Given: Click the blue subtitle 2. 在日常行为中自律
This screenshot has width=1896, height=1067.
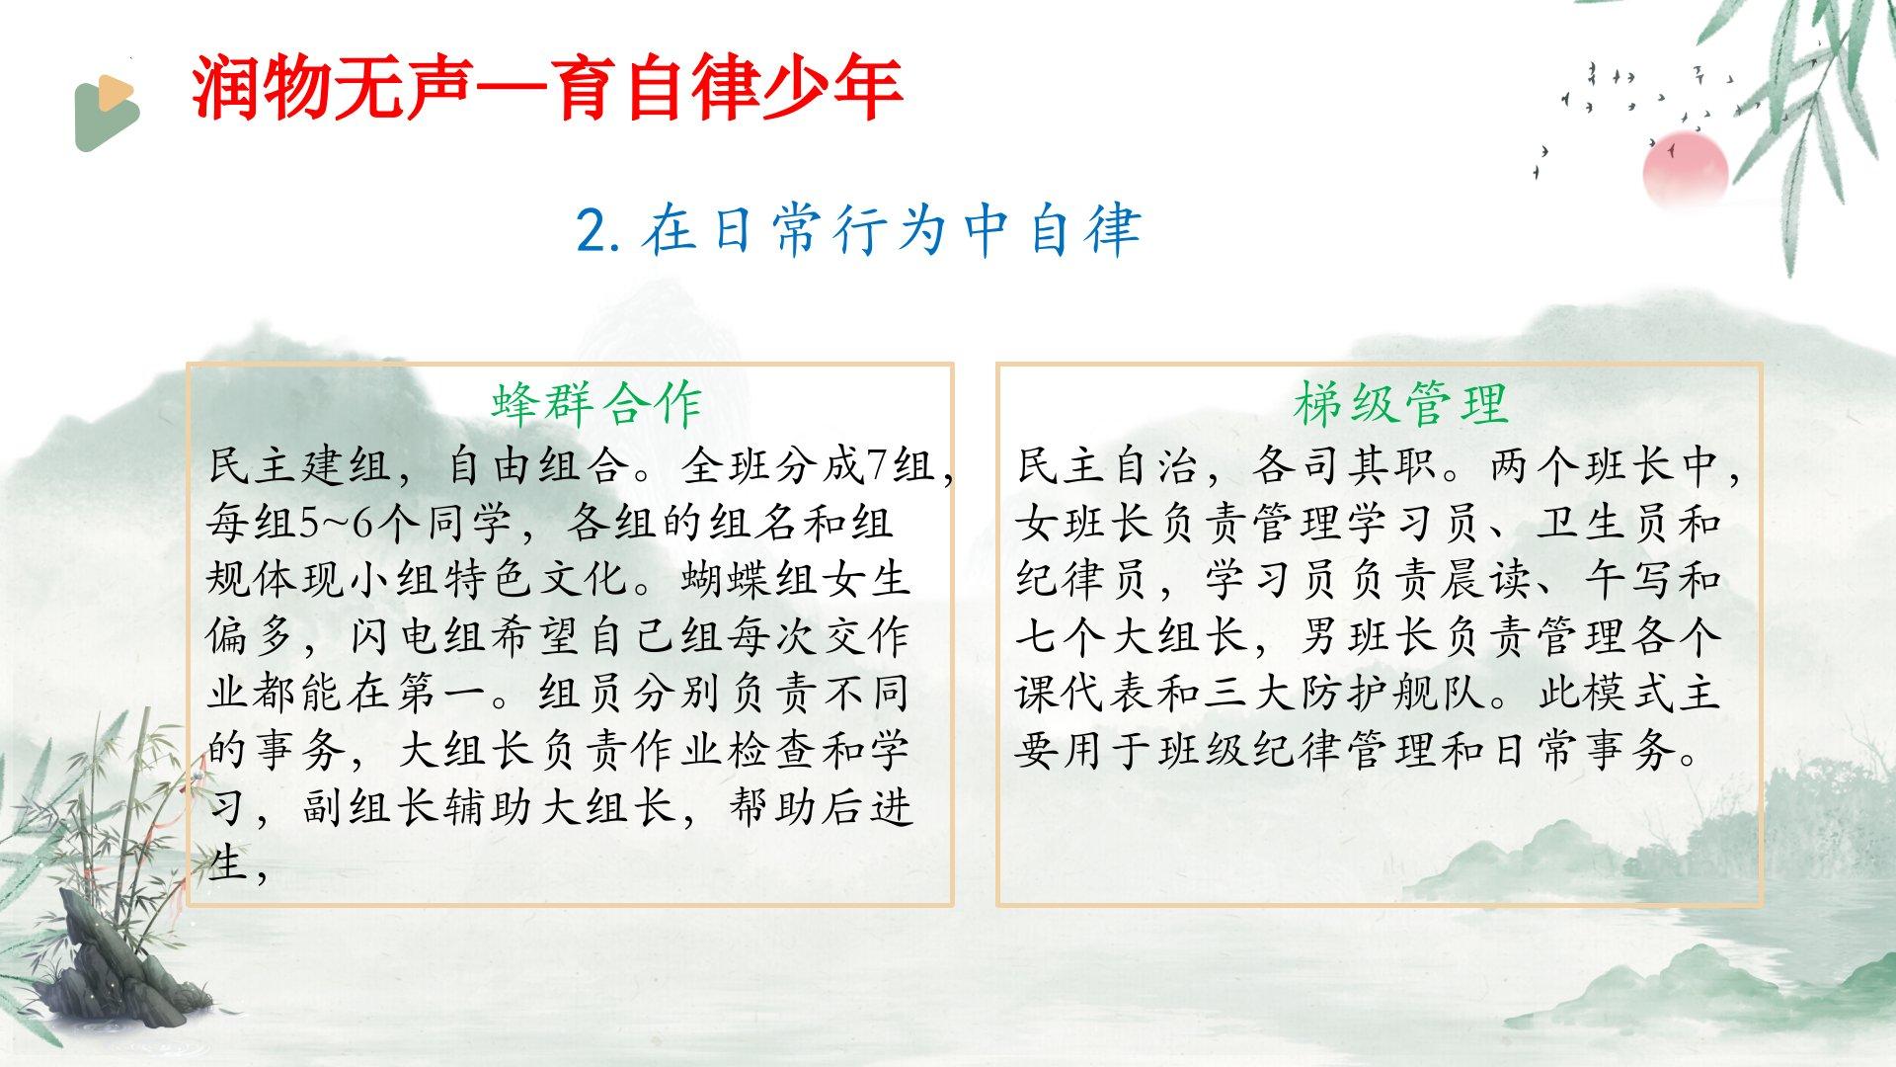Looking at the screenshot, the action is coord(859,229).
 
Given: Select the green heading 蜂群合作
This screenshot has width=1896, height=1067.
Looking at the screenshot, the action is coord(596,403).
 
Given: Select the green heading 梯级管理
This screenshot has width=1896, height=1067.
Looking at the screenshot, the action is coord(1401,403).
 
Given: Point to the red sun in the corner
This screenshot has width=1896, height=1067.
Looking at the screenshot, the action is coord(1686,169).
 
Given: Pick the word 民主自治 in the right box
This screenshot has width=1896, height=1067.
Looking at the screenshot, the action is coord(1109,465).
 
